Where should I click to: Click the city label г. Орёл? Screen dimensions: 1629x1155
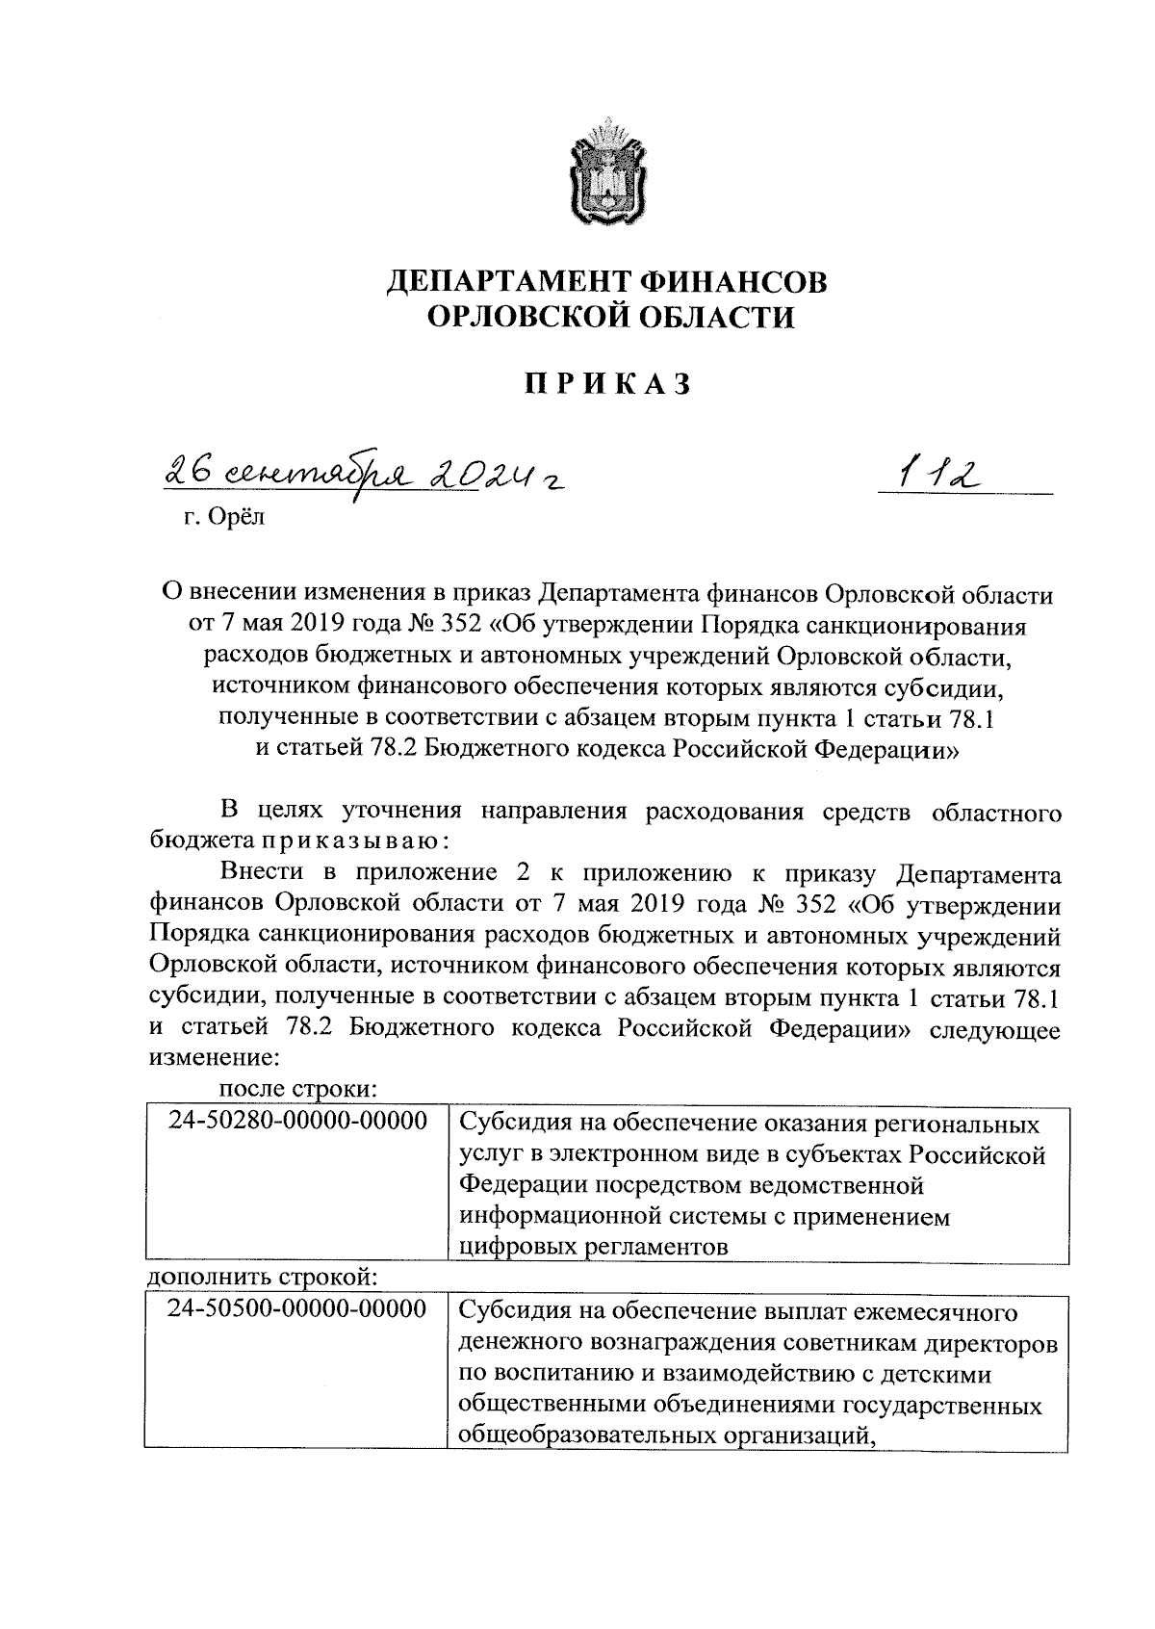point(223,519)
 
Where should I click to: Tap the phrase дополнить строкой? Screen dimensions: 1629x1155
point(261,1278)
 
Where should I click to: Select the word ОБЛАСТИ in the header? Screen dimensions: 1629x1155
point(705,316)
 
